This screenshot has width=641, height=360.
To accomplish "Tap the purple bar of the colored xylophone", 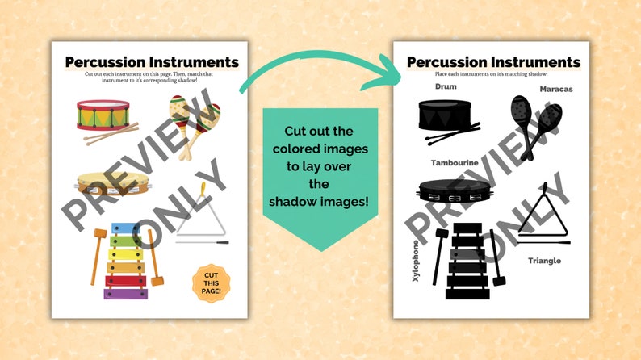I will (x=126, y=294).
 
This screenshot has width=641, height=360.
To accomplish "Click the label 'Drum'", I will (x=446, y=86).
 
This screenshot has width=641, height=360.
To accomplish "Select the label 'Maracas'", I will (x=555, y=89).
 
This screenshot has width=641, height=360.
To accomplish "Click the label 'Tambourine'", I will (x=455, y=162).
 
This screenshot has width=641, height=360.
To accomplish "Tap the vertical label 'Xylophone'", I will (x=417, y=260).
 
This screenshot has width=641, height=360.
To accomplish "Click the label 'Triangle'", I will (x=544, y=261).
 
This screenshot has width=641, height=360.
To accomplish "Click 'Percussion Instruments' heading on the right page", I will (x=493, y=62).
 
